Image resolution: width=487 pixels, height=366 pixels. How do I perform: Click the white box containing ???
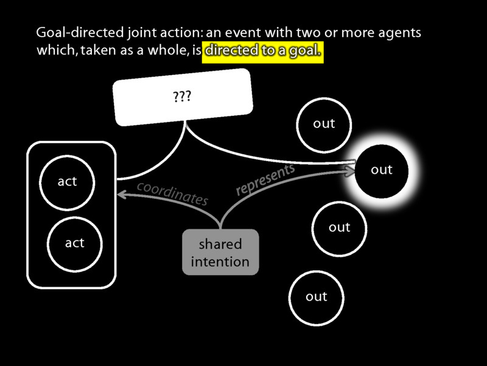183,97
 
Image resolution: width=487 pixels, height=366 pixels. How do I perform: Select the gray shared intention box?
220,252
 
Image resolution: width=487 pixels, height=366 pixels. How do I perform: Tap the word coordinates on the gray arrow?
172,192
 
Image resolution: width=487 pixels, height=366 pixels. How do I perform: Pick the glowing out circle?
382,170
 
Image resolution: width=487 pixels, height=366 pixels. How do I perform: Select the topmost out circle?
324,124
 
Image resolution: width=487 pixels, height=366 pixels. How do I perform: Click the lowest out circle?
317,297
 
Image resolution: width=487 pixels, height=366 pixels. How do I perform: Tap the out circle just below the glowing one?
339,228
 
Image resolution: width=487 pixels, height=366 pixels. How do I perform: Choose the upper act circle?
67,182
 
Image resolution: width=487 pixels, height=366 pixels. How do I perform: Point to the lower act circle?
74,243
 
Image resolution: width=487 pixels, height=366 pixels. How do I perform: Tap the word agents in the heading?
399,32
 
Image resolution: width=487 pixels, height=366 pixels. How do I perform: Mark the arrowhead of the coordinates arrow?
121,195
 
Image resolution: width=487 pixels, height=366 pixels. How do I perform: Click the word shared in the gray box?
220,244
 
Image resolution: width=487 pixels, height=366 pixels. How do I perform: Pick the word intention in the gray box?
220,262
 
